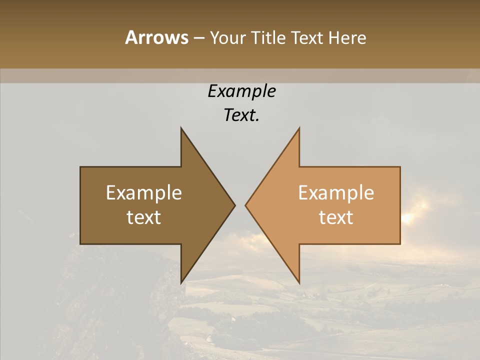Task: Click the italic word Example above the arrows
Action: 242,91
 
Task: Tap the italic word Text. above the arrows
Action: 242,115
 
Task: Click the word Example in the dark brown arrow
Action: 144,193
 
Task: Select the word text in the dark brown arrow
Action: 144,217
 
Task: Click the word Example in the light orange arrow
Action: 336,193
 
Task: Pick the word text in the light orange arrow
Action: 336,217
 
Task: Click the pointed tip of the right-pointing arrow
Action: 234,205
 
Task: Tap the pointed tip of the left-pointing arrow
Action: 245,205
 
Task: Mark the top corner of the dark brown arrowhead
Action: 181,128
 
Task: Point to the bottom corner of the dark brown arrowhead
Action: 181,282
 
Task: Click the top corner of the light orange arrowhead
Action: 299,128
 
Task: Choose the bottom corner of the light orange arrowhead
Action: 299,282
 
